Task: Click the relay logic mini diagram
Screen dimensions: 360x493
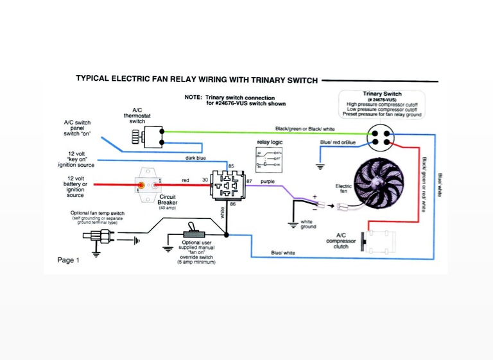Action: (268, 159)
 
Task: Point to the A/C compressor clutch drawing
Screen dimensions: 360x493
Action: (378, 240)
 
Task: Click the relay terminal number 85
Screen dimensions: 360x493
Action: (232, 166)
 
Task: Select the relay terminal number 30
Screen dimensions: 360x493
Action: (205, 180)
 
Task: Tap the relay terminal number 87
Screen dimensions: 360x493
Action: (249, 182)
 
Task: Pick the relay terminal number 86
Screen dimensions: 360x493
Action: (233, 203)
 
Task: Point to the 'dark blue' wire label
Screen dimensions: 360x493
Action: (196, 158)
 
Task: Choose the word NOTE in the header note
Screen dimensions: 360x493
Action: (193, 98)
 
